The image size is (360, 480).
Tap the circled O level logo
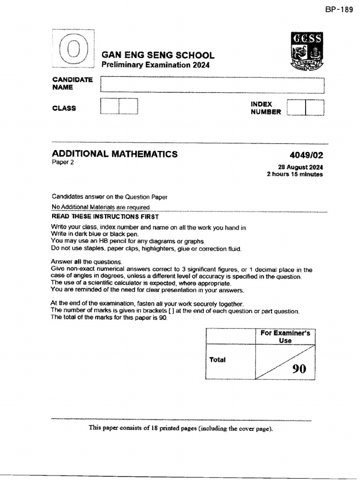pos(74,51)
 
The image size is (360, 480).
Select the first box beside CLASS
pos(110,106)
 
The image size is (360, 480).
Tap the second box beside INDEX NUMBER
pos(315,107)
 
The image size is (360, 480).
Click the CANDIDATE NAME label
pos(72,83)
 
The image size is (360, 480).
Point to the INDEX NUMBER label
pos(266,108)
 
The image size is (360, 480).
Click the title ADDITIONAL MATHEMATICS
pos(115,154)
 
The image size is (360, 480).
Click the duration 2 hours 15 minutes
pos(295,174)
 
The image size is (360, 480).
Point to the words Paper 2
pos(63,163)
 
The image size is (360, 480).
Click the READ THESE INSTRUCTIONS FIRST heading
pos(105,217)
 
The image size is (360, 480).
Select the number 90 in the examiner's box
pos(299,369)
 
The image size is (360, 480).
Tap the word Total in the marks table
pos(217,360)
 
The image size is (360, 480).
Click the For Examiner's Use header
pos(285,337)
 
